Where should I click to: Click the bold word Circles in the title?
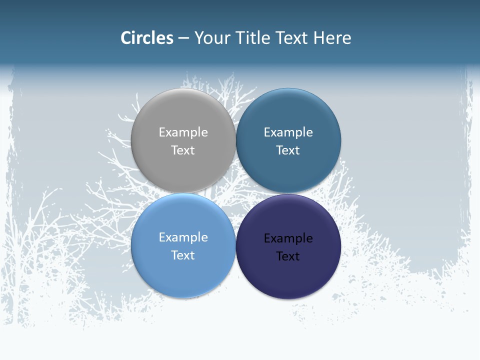[x=147, y=38]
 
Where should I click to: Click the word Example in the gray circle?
[x=183, y=132]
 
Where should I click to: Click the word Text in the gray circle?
[x=183, y=150]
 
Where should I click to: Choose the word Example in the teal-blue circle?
[x=288, y=132]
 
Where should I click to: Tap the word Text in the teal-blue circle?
[x=288, y=150]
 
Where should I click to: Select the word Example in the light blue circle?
[x=183, y=237]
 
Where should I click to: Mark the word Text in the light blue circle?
[x=183, y=255]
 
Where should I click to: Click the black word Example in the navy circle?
[x=288, y=238]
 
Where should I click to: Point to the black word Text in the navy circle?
[x=288, y=256]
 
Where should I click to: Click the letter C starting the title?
[x=126, y=38]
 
